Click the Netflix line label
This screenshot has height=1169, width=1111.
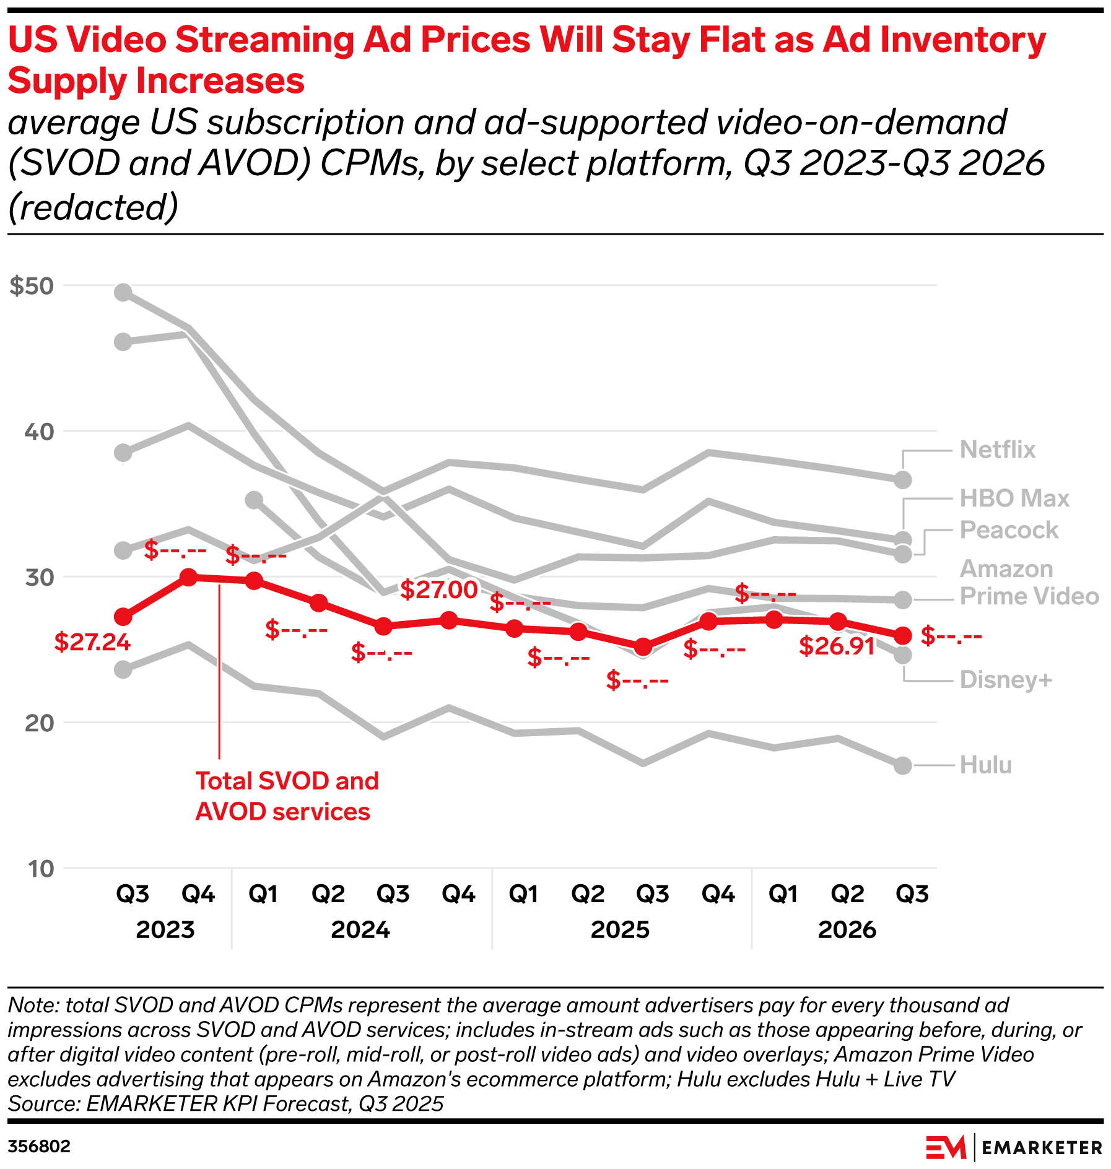pos(997,450)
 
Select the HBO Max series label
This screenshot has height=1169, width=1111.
pos(1014,498)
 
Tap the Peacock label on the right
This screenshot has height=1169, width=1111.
pos(1009,530)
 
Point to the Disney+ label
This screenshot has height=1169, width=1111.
pos(1005,680)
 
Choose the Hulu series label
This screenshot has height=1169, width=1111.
pos(985,765)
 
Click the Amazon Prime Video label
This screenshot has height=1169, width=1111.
pos(1029,583)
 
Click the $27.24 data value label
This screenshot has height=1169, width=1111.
pos(92,642)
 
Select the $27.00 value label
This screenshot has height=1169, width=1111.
pos(438,589)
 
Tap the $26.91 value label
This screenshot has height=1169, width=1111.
pos(837,646)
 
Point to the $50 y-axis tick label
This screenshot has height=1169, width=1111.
pos(32,286)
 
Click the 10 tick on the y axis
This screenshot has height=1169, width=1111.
pos(41,869)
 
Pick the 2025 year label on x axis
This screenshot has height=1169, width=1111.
pos(620,929)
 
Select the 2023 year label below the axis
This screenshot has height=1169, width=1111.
pos(165,929)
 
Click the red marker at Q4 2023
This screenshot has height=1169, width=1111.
pos(188,578)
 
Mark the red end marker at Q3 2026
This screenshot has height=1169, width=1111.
pos(903,635)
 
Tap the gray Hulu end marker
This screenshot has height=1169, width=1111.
pos(903,766)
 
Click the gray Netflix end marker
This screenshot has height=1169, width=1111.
pos(903,480)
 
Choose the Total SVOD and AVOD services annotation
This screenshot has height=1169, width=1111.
pos(287,796)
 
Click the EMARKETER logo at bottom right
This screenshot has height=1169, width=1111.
pos(1014,1147)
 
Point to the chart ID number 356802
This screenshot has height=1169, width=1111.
pos(39,1146)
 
